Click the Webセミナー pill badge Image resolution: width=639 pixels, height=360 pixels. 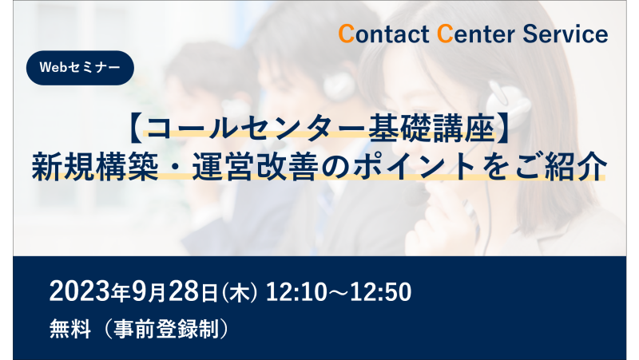(81, 68)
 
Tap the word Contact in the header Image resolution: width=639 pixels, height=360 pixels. (383, 34)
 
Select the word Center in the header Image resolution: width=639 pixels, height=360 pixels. (475, 34)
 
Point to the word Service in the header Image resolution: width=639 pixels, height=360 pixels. (566, 34)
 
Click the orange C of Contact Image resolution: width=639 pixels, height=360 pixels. (347, 34)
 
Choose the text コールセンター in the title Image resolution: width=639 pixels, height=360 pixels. (253, 130)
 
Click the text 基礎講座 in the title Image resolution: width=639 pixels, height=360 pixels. (431, 130)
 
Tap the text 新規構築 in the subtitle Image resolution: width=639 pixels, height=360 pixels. (95, 166)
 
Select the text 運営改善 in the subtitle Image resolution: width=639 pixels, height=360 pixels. (255, 166)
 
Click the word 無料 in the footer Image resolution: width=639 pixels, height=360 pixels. (70, 329)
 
